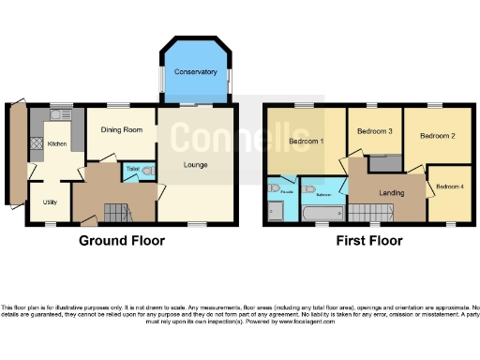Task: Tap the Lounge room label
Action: pos(195,166)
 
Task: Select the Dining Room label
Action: pos(121,129)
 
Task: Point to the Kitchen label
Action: pos(57,144)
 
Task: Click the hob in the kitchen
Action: pos(37,144)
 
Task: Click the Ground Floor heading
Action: pos(121,241)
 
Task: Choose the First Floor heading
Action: pos(369,241)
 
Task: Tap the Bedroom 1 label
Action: pos(306,142)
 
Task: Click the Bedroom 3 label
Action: pos(375,132)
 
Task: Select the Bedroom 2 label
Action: pos(437,136)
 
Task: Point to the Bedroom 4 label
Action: pos(449,186)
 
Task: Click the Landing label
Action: pos(392,193)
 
